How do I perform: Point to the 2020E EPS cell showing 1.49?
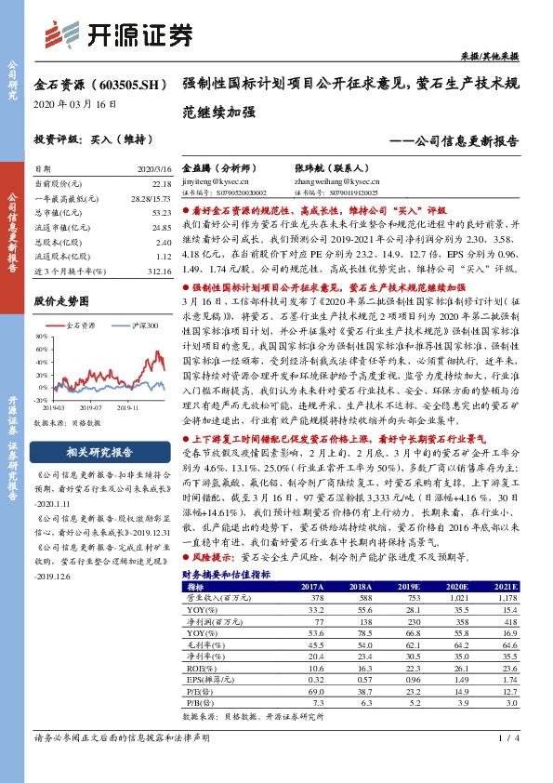[454, 679]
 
